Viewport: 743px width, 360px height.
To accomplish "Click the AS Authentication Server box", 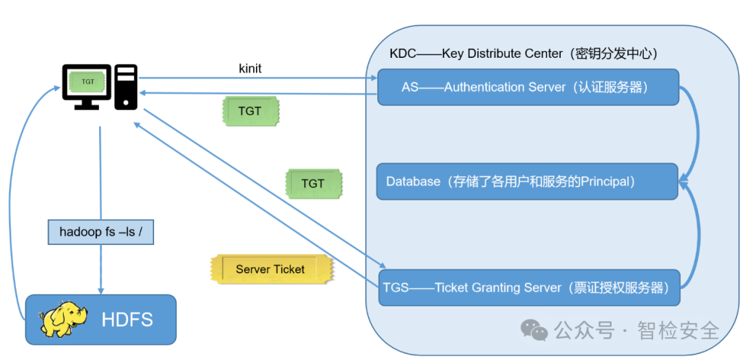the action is coord(528,87).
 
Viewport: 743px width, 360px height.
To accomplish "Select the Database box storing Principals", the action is coord(528,181).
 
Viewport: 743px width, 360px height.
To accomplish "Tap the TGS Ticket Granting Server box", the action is coord(529,288).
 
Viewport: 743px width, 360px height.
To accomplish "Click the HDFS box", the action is coord(100,319).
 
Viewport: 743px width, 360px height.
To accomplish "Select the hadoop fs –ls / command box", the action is coord(100,232).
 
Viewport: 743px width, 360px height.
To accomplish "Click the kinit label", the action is coord(250,68).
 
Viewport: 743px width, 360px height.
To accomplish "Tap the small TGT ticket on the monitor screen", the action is coord(87,81).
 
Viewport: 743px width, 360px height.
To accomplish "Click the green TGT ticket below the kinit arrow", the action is coord(250,111).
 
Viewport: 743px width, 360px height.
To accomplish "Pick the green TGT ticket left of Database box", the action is coord(313,184).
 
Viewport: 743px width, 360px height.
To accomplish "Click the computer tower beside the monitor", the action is coord(126,86).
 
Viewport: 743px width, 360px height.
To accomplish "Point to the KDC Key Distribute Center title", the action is coord(524,54).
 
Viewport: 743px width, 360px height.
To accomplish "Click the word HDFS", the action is coord(127,319).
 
